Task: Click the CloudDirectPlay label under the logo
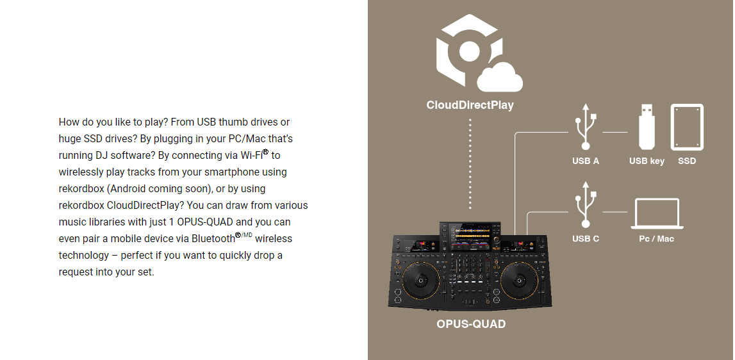click(x=470, y=105)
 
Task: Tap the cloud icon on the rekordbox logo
click(x=500, y=78)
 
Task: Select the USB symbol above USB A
click(x=585, y=127)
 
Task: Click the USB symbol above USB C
click(x=585, y=204)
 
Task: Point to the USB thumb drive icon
click(x=647, y=127)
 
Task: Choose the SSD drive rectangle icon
click(x=687, y=127)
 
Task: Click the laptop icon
click(x=657, y=213)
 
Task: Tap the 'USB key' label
click(x=647, y=161)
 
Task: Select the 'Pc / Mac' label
click(x=656, y=238)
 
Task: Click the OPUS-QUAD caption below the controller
click(x=470, y=324)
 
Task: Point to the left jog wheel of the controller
click(x=420, y=281)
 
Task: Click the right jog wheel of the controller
click(x=519, y=281)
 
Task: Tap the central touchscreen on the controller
click(x=470, y=237)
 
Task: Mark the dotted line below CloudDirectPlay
click(x=470, y=164)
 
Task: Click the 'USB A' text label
click(x=586, y=161)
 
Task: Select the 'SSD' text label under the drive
click(x=687, y=161)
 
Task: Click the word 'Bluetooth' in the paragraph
click(x=213, y=238)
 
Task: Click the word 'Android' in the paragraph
click(x=128, y=188)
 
